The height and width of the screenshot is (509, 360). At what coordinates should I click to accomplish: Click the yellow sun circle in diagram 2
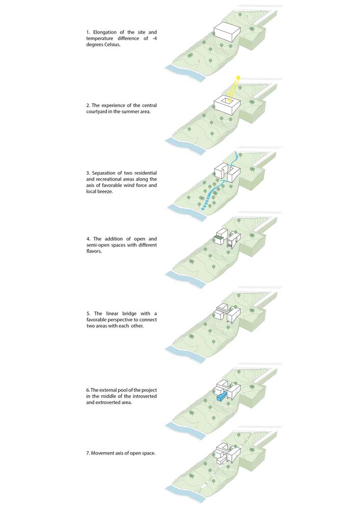(x=238, y=78)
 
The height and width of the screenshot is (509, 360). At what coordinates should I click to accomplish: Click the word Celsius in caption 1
(x=113, y=44)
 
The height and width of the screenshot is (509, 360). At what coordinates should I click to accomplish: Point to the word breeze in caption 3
(x=105, y=191)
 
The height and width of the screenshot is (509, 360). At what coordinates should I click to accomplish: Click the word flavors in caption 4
(x=94, y=251)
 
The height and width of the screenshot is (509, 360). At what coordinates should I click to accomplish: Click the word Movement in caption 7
(x=102, y=453)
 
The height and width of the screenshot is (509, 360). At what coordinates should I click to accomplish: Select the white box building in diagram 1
(x=227, y=31)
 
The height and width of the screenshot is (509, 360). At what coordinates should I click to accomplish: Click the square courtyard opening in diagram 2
(x=226, y=102)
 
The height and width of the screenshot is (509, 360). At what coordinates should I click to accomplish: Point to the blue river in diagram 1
(x=185, y=73)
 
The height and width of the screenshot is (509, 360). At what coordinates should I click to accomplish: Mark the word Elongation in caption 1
(x=104, y=32)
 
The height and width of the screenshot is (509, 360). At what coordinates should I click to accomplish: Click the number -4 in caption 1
(x=154, y=38)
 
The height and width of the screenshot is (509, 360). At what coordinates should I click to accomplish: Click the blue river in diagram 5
(x=185, y=355)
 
